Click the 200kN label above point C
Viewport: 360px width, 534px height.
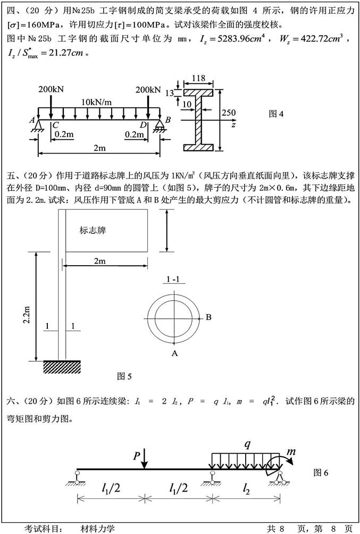(51, 89)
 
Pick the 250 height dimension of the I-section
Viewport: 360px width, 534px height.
(228, 113)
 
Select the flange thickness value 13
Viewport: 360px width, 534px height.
(170, 92)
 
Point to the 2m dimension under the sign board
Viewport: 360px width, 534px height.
(99, 261)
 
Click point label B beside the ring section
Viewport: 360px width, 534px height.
(208, 317)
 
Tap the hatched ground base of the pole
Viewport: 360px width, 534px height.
(62, 366)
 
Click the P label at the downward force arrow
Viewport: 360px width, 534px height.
(137, 455)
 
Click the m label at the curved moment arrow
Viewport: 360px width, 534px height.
(291, 452)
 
